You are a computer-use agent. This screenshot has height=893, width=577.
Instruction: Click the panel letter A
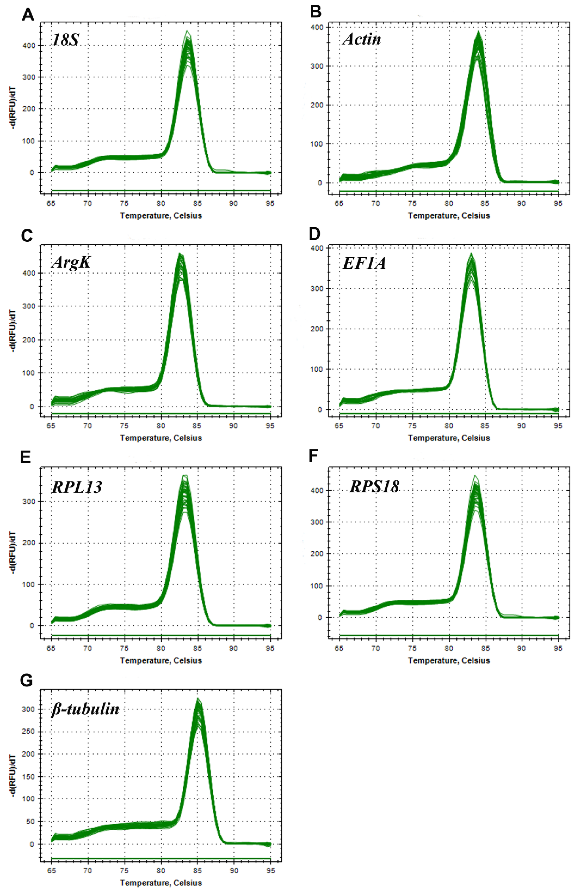pos(28,15)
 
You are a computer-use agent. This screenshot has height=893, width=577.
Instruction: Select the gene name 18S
pos(66,40)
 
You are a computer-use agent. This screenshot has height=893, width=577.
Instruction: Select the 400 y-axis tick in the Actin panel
pos(317,27)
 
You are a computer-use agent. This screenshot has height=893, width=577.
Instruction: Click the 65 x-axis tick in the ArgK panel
pos(51,426)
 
